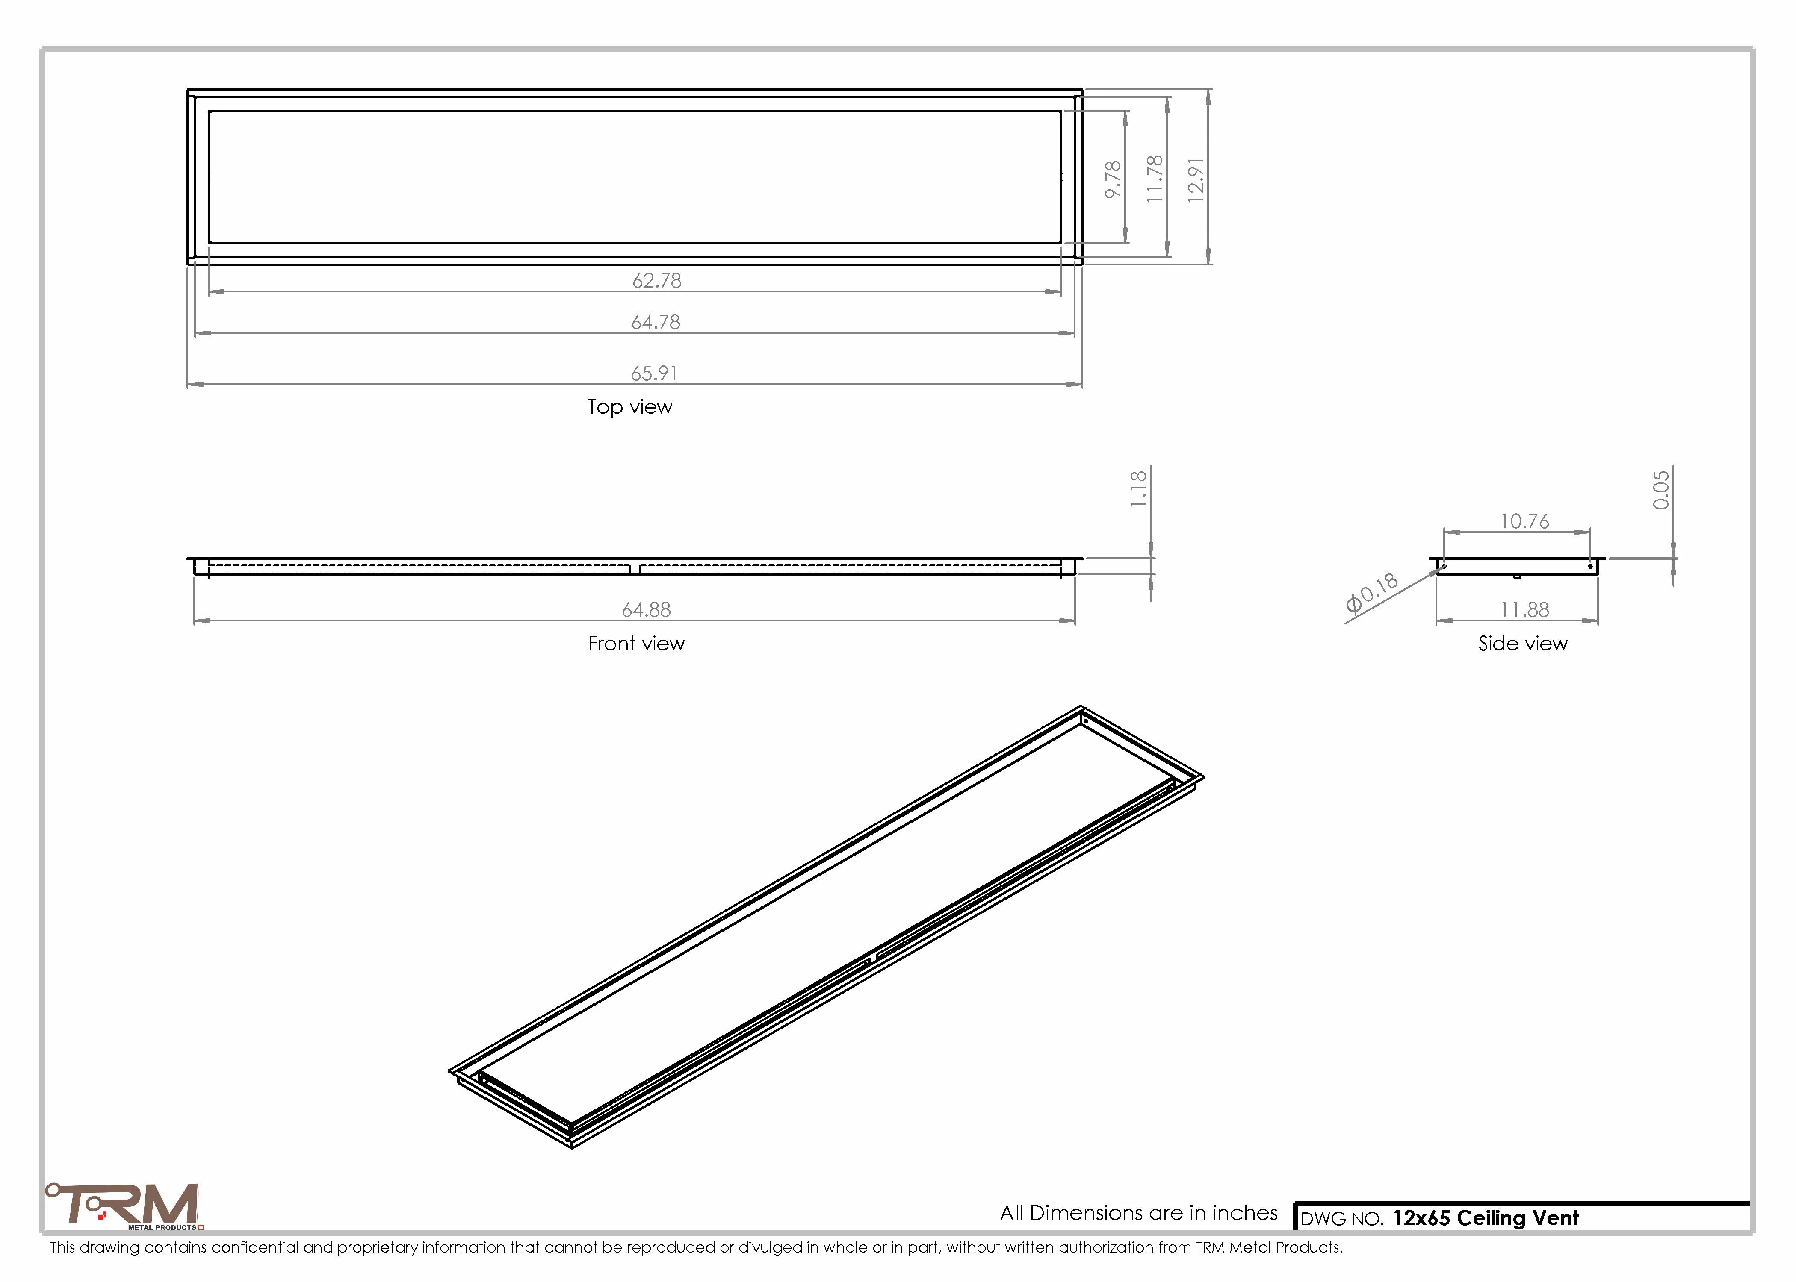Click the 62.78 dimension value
click(656, 280)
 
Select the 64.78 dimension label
click(656, 322)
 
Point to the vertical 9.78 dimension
click(1113, 179)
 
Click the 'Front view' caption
click(636, 644)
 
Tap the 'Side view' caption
click(1523, 644)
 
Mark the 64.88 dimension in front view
click(646, 609)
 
